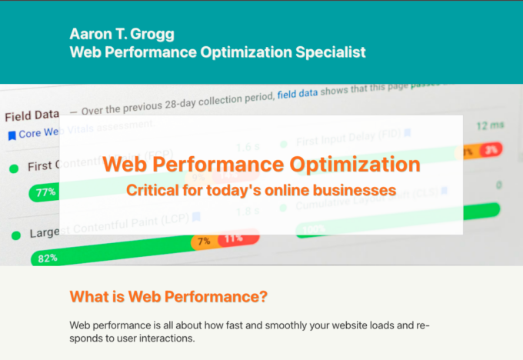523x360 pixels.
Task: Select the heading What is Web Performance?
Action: pos(168,297)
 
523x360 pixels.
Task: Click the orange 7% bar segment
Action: pos(204,242)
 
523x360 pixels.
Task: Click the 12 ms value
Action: pos(490,125)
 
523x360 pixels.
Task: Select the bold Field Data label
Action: pos(32,116)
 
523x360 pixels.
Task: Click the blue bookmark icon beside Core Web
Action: pos(12,135)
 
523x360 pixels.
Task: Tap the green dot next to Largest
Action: pos(14,234)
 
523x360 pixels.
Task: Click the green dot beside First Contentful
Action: pos(14,167)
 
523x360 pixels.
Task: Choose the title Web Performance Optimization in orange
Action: pos(261,164)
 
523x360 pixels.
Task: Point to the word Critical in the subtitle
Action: pos(152,188)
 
